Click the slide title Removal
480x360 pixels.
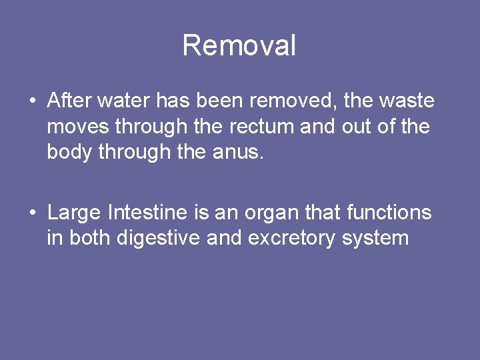(x=239, y=46)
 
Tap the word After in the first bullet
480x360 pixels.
(x=69, y=101)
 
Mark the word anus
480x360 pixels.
(x=241, y=152)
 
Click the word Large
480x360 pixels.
(x=74, y=213)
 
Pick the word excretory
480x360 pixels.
(x=292, y=239)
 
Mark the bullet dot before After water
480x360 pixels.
(x=32, y=102)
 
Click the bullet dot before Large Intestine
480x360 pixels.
(x=32, y=214)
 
